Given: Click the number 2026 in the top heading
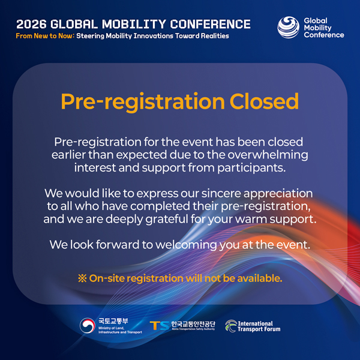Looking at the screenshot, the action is point(31,24).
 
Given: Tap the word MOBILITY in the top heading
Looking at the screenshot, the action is point(134,24).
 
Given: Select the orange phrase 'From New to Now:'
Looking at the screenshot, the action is point(45,36).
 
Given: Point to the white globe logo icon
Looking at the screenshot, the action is point(289,27).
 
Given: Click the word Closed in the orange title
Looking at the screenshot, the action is point(264,101).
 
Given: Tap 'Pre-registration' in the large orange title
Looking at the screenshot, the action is point(143,102).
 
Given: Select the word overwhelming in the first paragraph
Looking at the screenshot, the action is point(268,155).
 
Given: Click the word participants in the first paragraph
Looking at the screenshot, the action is point(251,168).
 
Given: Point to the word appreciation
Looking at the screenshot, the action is point(278,194).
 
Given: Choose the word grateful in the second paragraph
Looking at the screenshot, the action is point(167,219).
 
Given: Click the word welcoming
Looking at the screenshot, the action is point(186,245).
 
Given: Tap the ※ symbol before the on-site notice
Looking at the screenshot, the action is point(82,278).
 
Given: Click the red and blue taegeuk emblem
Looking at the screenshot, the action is point(88,326).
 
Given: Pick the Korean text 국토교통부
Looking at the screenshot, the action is point(113,321).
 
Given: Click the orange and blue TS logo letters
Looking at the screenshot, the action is point(160,326).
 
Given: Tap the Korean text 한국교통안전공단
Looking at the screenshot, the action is point(193,324).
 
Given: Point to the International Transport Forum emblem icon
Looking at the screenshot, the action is point(231,326).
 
